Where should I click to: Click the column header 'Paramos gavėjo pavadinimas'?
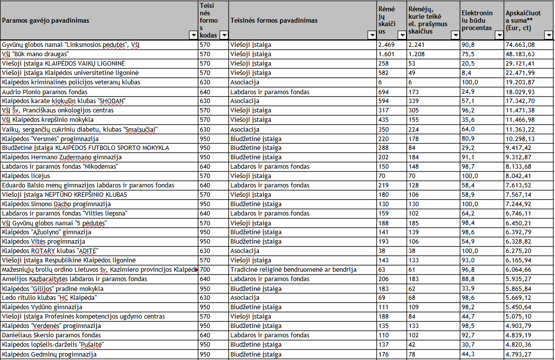pyautogui.click(x=49, y=21)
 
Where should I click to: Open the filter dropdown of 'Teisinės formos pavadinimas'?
pyautogui.click(x=371, y=35)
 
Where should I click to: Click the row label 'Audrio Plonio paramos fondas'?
pyautogui.click(x=45, y=92)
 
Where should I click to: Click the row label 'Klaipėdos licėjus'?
pyautogui.click(x=26, y=176)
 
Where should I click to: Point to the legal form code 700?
pyautogui.click(x=205, y=270)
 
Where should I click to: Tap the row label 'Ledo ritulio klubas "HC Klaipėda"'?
pyautogui.click(x=49, y=298)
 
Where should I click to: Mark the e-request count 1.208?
pyautogui.click(x=416, y=54)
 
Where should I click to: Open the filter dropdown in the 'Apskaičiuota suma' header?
pyautogui.click(x=548, y=35)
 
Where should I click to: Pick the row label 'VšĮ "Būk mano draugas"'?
pyautogui.click(x=35, y=54)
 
